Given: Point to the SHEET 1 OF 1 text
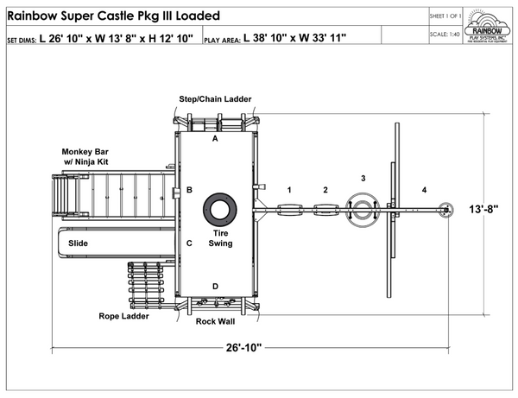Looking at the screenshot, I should point(445,16).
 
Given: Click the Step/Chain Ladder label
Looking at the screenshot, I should point(215,99).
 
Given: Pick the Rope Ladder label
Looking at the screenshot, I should point(123,316).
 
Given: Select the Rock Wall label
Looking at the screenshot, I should point(216,322).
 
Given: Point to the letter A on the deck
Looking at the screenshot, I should point(215,137).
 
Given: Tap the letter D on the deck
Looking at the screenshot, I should point(215,286).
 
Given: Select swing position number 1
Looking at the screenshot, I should point(290,189).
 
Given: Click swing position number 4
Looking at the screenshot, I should point(424,189).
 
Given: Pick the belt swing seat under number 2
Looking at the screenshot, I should point(325,209).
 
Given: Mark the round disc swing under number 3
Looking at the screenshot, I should point(363,209).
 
